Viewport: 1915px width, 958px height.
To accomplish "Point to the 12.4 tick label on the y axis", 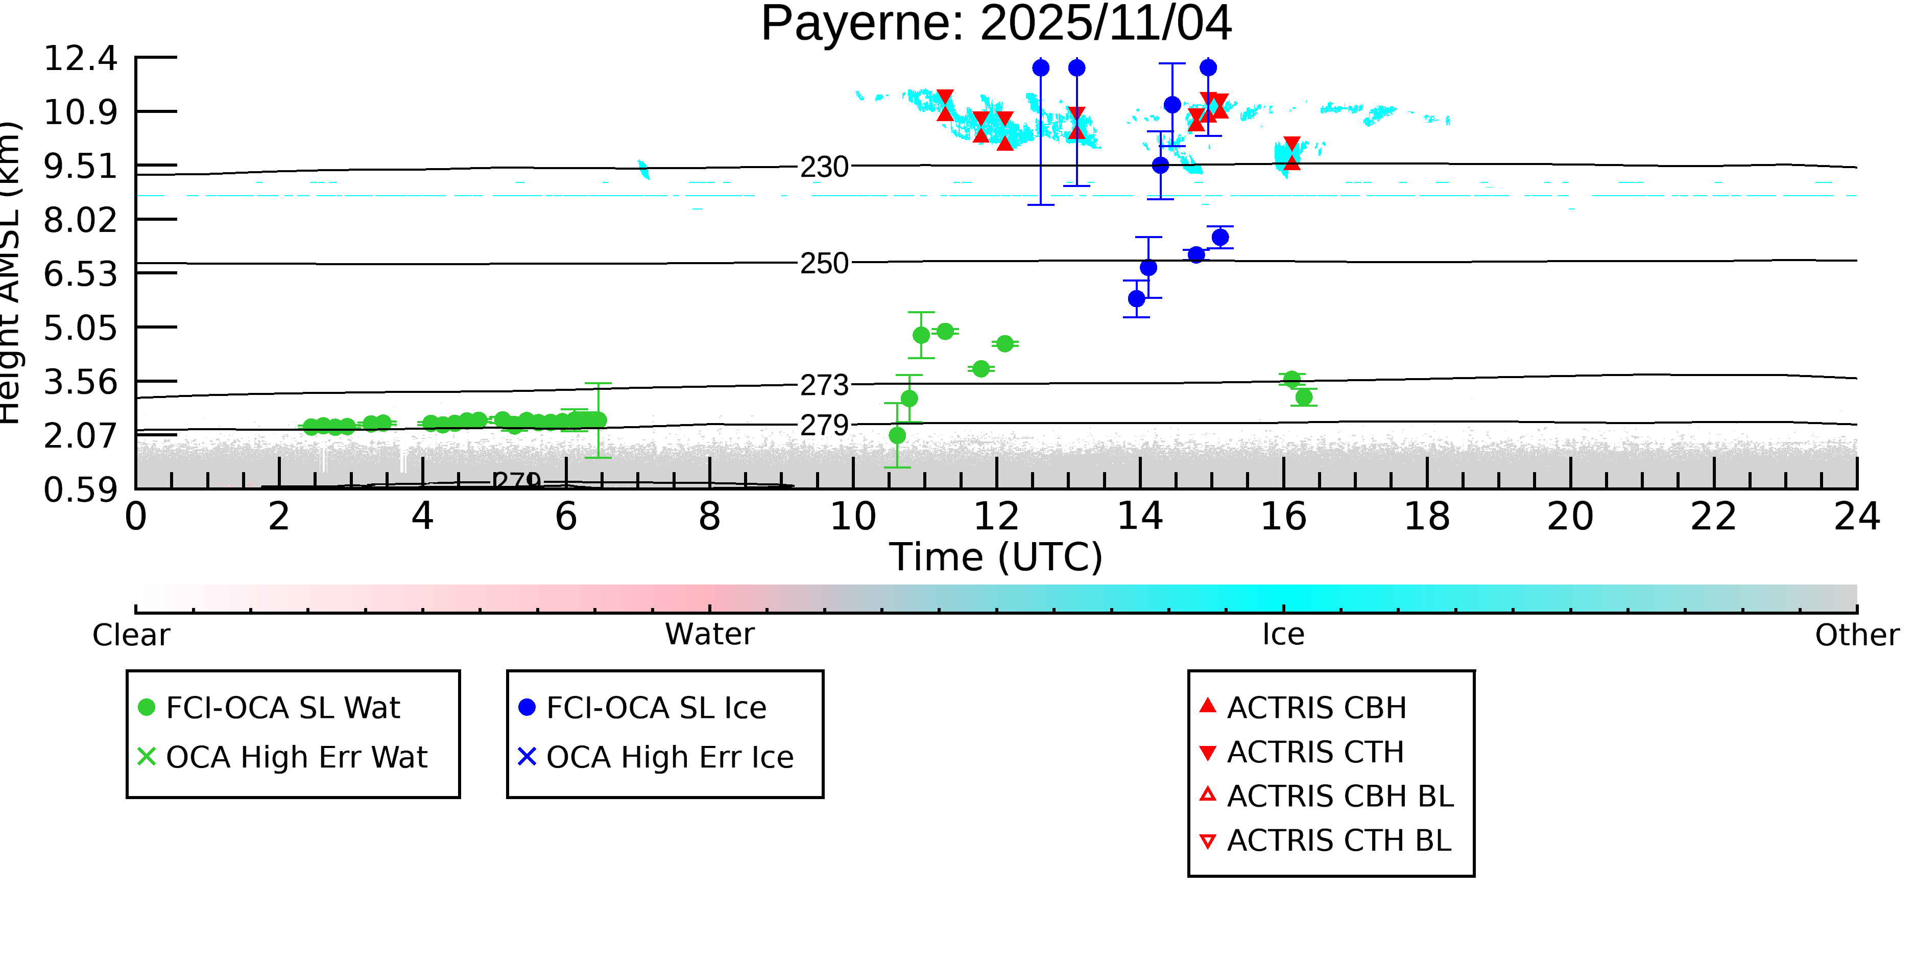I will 80,58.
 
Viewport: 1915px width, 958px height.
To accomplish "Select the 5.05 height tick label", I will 80,328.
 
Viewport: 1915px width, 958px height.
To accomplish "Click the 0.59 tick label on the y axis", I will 80,490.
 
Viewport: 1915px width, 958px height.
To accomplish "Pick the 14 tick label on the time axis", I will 1140,516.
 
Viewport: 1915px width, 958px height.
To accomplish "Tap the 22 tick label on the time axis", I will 1713,516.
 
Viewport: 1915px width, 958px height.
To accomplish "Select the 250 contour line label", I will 824,263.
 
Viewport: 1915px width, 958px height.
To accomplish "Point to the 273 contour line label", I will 824,385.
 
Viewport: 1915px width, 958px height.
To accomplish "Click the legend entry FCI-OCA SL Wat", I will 282,707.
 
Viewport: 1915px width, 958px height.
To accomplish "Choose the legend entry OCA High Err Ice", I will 669,757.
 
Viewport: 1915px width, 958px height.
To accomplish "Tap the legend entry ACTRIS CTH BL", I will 1338,840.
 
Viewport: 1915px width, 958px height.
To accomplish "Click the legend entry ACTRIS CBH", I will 1316,707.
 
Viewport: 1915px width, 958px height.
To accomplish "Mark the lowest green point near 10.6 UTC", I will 897,435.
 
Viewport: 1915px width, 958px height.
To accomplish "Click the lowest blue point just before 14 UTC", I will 1136,298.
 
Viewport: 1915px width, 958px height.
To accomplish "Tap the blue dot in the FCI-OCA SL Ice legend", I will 526,707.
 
